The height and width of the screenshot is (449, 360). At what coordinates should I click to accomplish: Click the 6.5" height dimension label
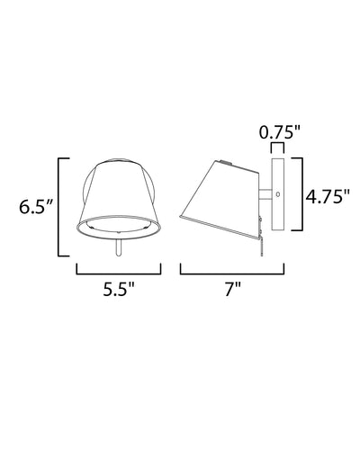tap(36, 207)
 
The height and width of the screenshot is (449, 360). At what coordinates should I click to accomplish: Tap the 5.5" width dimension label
tap(119, 289)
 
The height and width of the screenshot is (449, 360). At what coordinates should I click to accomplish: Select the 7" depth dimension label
tap(233, 289)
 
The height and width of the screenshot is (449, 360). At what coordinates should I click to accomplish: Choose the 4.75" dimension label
tap(328, 197)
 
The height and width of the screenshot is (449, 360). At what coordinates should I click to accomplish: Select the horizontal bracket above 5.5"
tap(119, 274)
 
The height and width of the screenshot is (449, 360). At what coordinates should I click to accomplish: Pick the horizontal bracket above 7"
tap(232, 274)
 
